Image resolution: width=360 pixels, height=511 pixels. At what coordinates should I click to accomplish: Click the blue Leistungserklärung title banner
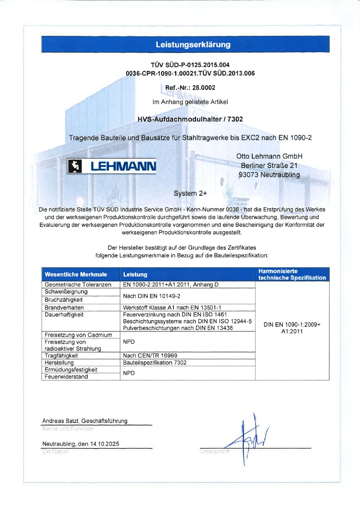[185, 44]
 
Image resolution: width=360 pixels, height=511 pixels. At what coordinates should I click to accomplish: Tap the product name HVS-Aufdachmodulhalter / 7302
[190, 119]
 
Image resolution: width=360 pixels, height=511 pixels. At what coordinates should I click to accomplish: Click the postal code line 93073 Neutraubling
[269, 175]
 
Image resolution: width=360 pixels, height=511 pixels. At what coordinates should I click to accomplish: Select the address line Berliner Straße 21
[269, 166]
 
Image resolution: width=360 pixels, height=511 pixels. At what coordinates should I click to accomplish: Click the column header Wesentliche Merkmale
[76, 274]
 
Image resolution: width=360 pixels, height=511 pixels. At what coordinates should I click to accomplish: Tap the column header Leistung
[135, 274]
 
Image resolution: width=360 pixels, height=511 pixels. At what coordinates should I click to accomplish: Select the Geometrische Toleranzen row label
[78, 285]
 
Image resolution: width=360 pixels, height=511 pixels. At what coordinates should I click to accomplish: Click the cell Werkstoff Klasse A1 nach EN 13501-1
[172, 307]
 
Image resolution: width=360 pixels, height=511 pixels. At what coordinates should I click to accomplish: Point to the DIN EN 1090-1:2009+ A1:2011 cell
[292, 328]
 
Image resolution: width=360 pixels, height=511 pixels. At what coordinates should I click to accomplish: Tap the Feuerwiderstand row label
[66, 377]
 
